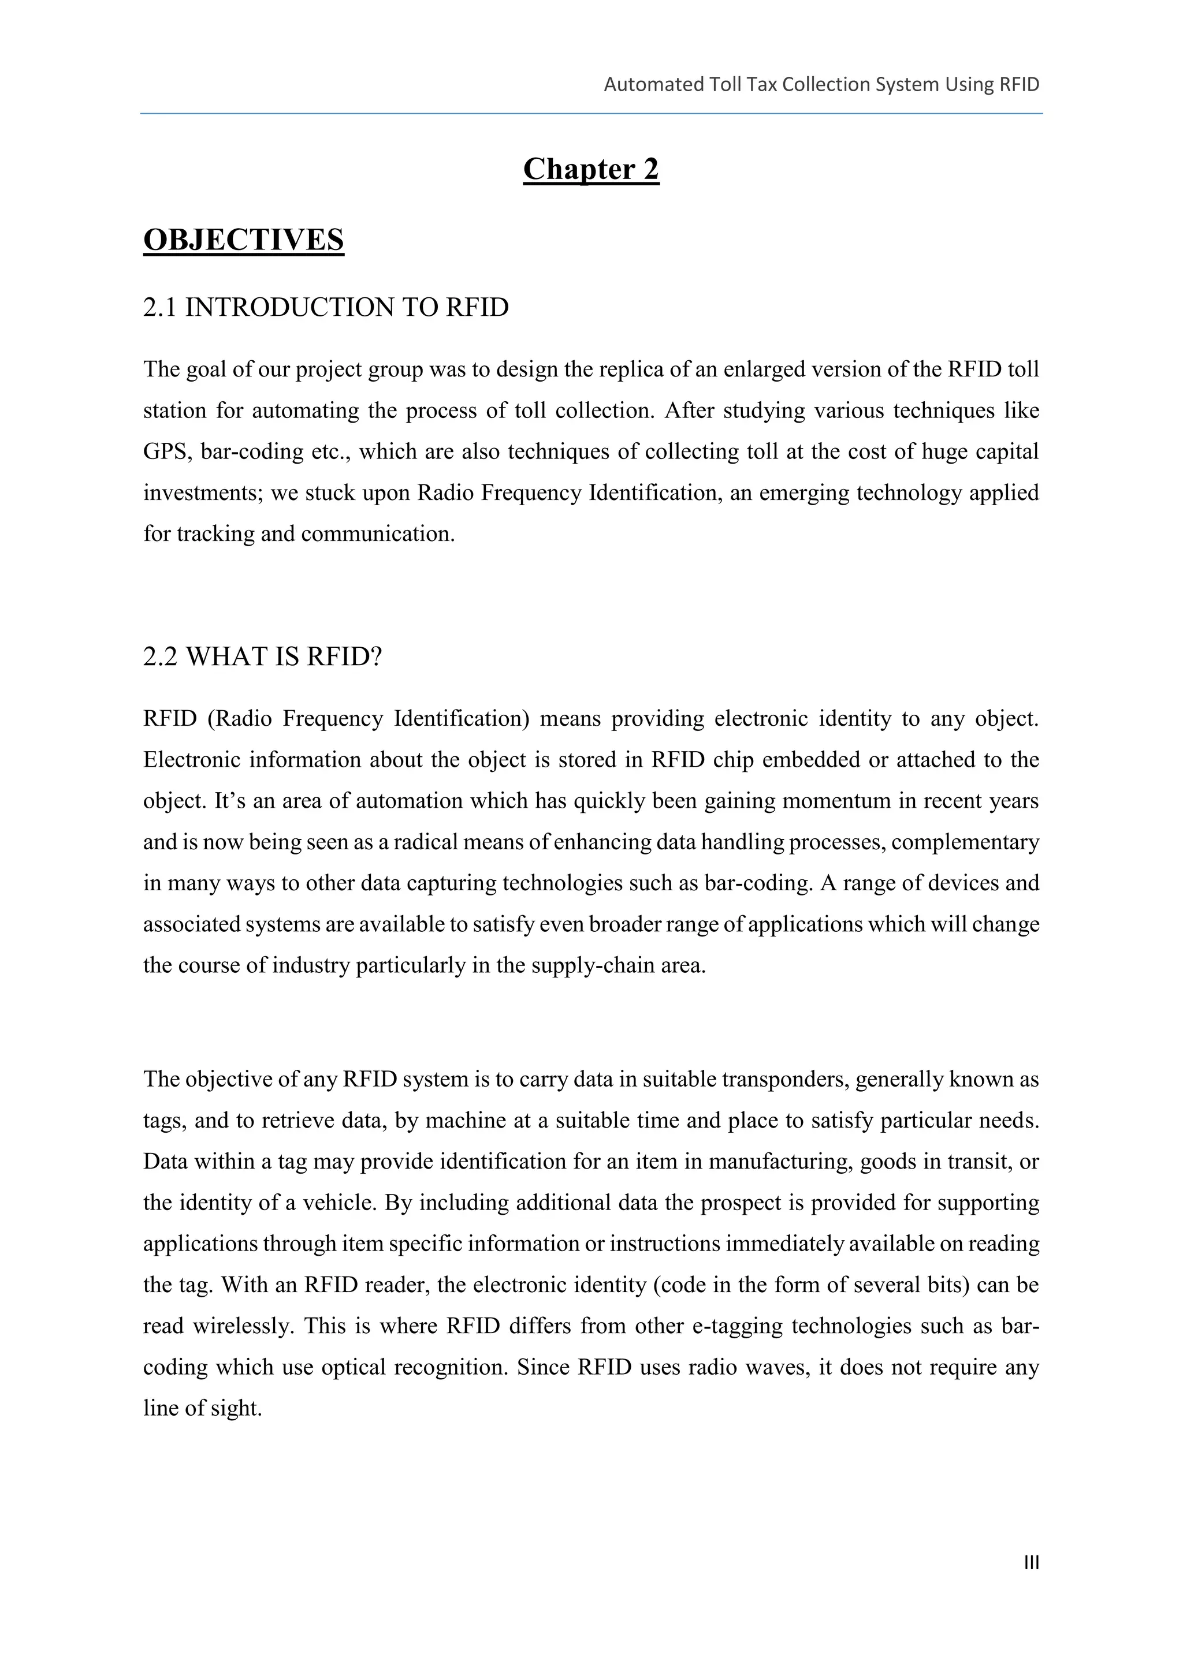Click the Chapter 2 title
click(x=591, y=169)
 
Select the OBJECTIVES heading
click(x=243, y=240)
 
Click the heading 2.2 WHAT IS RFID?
click(x=262, y=657)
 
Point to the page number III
click(x=1031, y=1563)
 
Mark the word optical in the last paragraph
click(x=352, y=1368)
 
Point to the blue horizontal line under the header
click(x=591, y=114)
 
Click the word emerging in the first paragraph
click(x=803, y=494)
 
